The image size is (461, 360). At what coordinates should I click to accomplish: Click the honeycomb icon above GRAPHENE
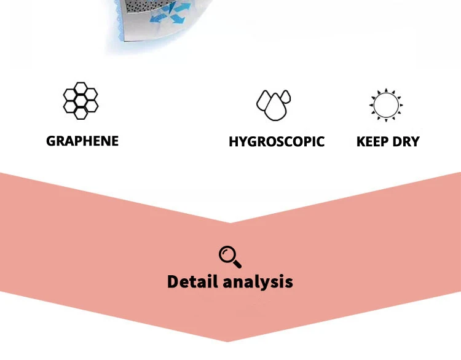tap(81, 100)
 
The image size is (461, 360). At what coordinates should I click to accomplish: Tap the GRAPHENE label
tap(82, 141)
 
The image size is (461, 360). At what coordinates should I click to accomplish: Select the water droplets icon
tap(274, 104)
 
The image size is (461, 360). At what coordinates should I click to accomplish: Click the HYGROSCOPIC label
tap(277, 142)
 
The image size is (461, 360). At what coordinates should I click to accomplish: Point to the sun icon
tap(386, 104)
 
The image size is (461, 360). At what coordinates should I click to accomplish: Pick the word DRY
tap(406, 142)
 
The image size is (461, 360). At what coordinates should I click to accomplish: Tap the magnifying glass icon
tap(230, 256)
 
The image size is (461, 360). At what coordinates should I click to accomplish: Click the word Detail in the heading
tap(192, 282)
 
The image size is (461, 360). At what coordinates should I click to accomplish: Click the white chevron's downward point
tap(230, 221)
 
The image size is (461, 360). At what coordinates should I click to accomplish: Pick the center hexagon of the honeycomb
tap(81, 101)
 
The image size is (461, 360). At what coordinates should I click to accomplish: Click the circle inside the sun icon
tap(386, 104)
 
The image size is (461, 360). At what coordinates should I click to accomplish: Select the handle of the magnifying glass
tap(237, 264)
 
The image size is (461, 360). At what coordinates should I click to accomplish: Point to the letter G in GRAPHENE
tap(51, 141)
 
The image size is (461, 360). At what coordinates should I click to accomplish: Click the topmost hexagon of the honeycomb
tap(81, 88)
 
